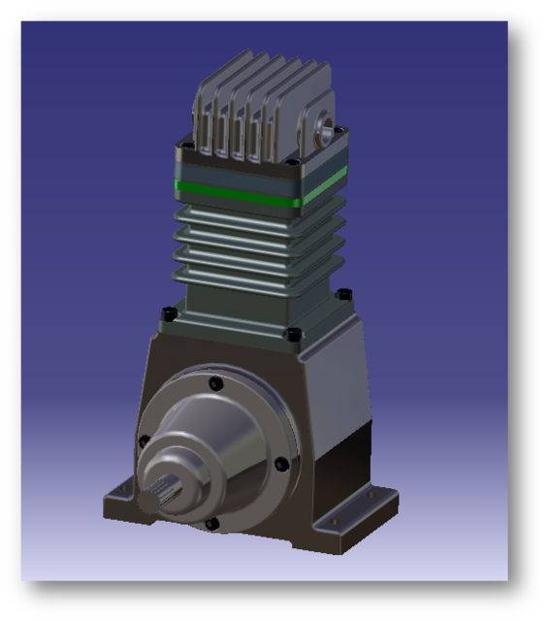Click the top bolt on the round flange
tap(216, 384)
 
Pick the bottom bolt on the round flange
tap(212, 524)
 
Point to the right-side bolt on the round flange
tap(281, 464)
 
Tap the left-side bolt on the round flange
tap(145, 441)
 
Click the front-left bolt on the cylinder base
tap(170, 313)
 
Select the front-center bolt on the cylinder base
tap(292, 335)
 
